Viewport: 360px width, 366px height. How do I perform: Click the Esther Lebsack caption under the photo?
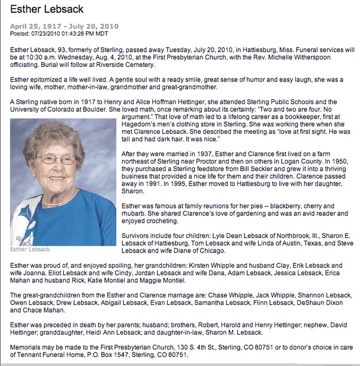point(30,249)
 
